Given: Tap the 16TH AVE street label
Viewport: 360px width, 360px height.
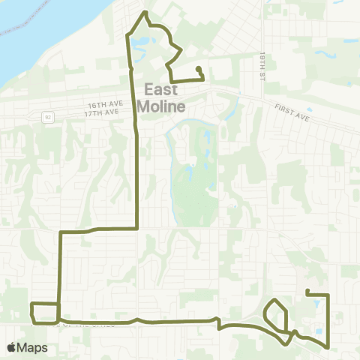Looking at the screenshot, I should point(102,105).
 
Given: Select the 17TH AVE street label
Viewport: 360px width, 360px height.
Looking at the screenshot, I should point(103,112).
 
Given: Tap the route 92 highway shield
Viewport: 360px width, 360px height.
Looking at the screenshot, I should point(48,117).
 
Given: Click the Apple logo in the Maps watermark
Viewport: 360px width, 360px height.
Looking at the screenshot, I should point(12,347).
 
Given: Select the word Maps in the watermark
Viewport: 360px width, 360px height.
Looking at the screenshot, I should point(33,347).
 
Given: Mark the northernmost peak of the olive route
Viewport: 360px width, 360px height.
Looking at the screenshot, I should point(145,13).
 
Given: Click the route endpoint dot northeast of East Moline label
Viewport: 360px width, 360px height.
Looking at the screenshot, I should point(199,70).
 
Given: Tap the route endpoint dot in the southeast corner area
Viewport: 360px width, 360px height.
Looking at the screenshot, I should point(308,290).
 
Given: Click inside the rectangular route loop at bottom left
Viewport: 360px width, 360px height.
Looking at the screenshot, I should point(44,312).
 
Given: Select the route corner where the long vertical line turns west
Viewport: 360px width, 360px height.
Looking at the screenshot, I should point(136,226).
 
